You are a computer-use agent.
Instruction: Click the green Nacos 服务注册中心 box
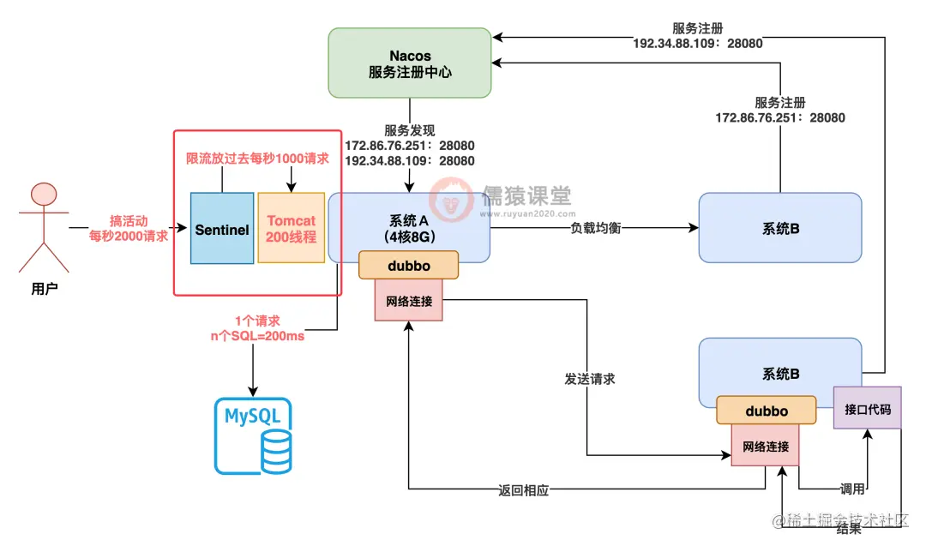pyautogui.click(x=410, y=64)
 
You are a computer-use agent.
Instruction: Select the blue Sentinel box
pyautogui.click(x=221, y=230)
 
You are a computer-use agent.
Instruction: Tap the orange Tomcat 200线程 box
pyautogui.click(x=291, y=229)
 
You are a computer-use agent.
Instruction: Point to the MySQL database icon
pyautogui.click(x=253, y=436)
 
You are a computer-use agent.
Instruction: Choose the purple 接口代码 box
pyautogui.click(x=868, y=409)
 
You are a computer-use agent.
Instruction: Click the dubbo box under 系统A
pyautogui.click(x=408, y=265)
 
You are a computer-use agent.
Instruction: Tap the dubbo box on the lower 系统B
pyautogui.click(x=766, y=411)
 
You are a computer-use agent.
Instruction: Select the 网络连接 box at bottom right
pyautogui.click(x=765, y=446)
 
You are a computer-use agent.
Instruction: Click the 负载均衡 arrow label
pyautogui.click(x=594, y=228)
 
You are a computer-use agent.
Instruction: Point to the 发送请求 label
pyautogui.click(x=590, y=378)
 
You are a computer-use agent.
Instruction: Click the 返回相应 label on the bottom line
pyautogui.click(x=523, y=490)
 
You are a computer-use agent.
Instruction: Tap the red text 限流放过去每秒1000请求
pyautogui.click(x=256, y=159)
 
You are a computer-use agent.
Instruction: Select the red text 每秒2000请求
pyautogui.click(x=129, y=236)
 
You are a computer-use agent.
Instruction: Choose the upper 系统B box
pyautogui.click(x=779, y=228)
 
